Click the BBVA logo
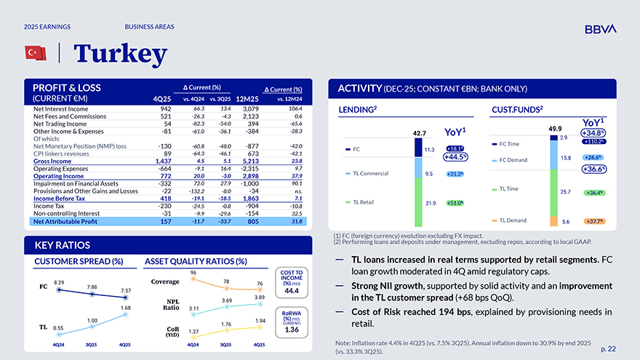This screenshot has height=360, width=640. point(600,28)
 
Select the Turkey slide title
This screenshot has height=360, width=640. point(120,53)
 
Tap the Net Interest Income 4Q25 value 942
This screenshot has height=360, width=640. point(165,108)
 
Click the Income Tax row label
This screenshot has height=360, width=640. point(50,206)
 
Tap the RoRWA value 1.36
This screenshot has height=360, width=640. point(292,329)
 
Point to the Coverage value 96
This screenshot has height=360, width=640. point(193,273)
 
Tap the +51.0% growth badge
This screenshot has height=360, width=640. point(455,204)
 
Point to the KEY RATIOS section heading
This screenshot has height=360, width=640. point(57,244)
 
